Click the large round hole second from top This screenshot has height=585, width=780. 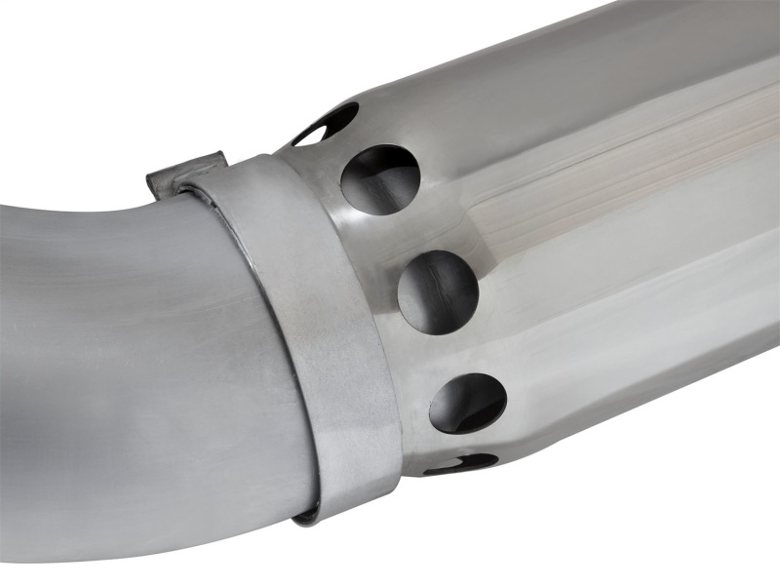pos(380,179)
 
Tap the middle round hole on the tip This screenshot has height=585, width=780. pos(438,292)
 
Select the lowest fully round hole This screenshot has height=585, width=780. pos(468,402)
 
